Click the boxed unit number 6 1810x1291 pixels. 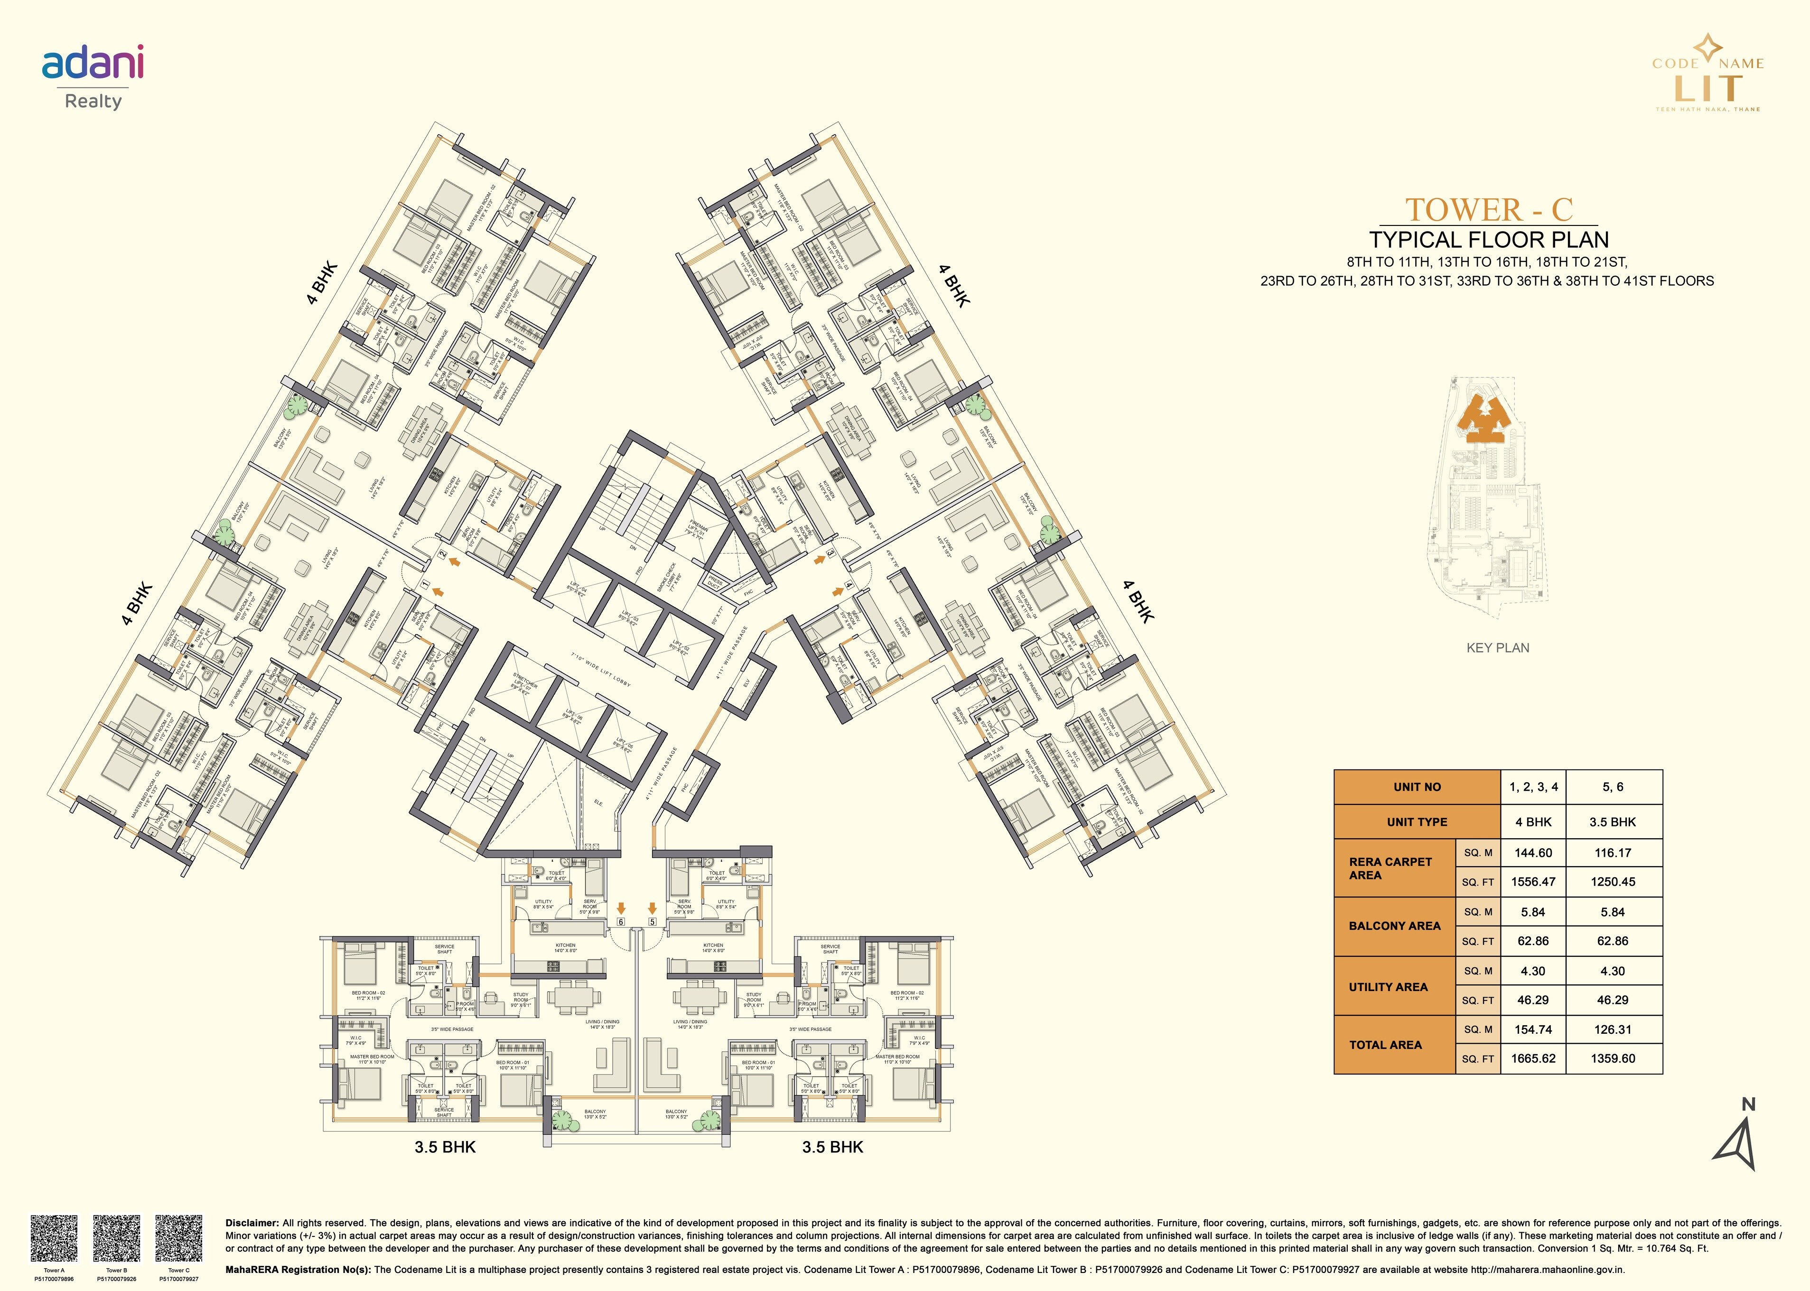click(x=621, y=922)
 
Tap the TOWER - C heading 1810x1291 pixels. click(x=1489, y=209)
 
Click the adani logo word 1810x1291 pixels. click(x=93, y=64)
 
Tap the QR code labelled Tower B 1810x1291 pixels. click(x=116, y=1236)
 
